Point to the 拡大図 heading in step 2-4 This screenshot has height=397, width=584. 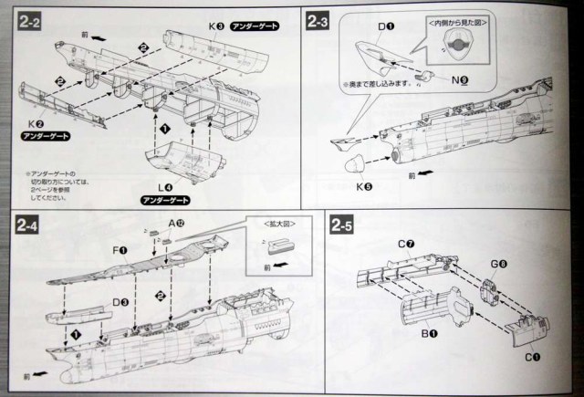click(276, 223)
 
